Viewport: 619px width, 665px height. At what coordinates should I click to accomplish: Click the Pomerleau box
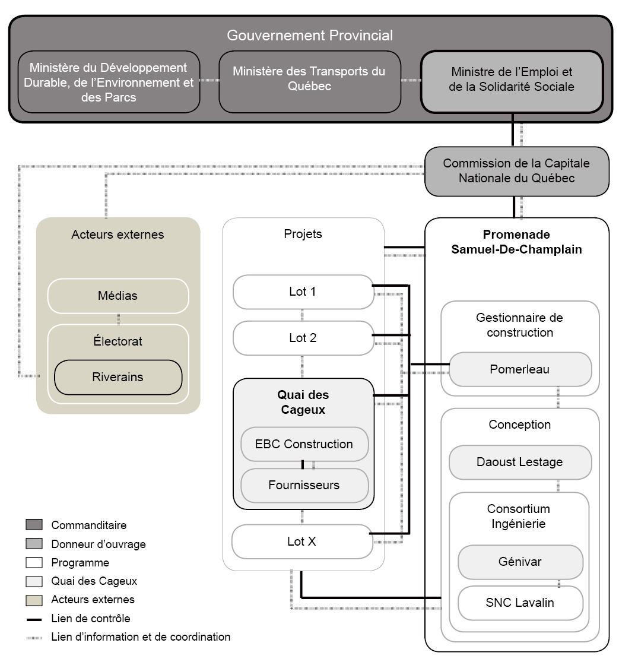tap(520, 369)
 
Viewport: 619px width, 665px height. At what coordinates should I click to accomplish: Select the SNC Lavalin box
tap(520, 603)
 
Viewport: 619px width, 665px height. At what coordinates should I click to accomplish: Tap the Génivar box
tap(520, 562)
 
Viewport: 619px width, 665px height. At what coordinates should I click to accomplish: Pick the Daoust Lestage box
tap(520, 462)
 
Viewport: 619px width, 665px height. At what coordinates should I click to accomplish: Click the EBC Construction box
tap(304, 444)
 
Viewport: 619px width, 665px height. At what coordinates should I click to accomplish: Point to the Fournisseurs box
tap(304, 485)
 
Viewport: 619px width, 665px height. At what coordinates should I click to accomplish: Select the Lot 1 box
tap(303, 292)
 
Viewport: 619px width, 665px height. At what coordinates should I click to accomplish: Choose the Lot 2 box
tap(303, 338)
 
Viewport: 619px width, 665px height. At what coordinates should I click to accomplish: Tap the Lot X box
tap(302, 541)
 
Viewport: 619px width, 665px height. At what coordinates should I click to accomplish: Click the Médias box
tap(118, 296)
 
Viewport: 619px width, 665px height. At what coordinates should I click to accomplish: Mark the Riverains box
tap(118, 377)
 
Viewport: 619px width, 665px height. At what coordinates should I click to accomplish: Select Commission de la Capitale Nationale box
tap(517, 172)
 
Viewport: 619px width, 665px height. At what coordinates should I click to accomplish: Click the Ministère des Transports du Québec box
tap(310, 82)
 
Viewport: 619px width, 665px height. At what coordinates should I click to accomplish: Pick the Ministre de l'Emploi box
tap(512, 82)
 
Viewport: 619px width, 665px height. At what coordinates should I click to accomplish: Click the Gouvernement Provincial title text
tap(310, 35)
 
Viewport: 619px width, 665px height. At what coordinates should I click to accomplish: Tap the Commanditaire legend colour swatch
tap(34, 525)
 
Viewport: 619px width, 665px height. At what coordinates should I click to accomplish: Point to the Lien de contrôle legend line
tap(34, 620)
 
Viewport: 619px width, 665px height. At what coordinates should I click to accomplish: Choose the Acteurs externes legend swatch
tap(34, 600)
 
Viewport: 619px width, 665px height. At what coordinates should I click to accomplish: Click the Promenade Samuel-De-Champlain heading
tap(516, 242)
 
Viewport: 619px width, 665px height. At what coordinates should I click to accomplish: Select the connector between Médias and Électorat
tap(118, 319)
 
